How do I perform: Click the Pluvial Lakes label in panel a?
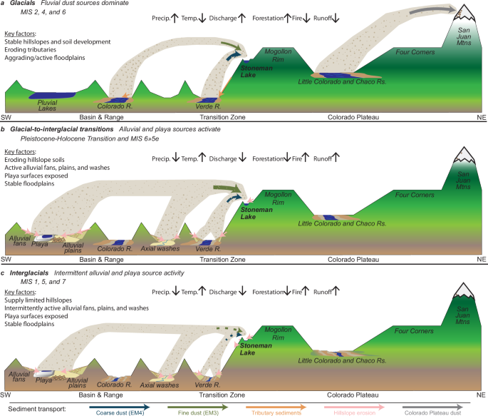52,106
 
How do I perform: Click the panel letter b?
4,129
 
